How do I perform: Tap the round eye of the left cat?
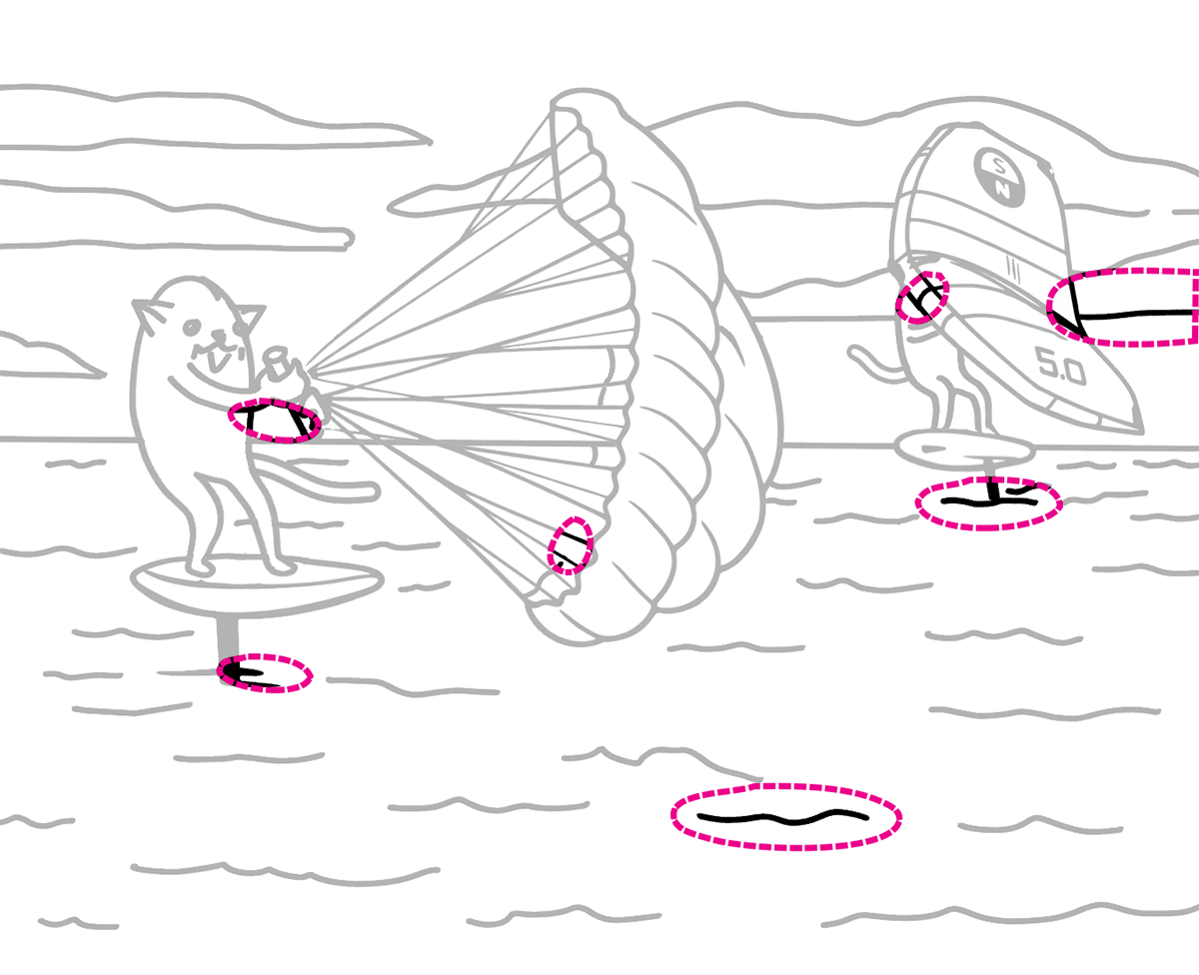click(192, 327)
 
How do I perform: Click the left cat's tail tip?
click(369, 491)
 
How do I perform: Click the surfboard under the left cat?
click(257, 585)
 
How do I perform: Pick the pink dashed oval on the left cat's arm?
click(275, 421)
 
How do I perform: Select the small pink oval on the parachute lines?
click(571, 544)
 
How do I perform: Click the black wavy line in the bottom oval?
click(782, 817)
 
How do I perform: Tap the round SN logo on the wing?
click(999, 175)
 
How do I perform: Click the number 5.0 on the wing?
click(1061, 367)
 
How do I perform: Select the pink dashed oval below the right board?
click(989, 503)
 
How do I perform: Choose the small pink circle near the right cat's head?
click(922, 298)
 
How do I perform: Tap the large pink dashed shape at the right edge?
click(1123, 307)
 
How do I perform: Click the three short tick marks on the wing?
click(1014, 273)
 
